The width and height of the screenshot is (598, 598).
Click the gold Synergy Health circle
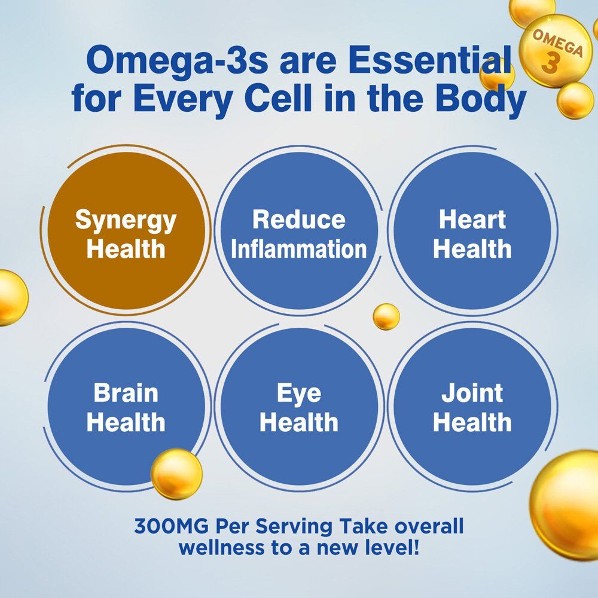(x=126, y=230)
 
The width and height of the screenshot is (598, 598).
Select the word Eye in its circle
(x=299, y=393)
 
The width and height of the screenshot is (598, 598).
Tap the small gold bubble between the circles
(x=386, y=316)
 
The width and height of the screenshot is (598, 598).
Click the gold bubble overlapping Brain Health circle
(x=176, y=474)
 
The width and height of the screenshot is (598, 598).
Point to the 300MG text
(x=171, y=526)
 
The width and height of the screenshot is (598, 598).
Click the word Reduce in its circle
(x=299, y=219)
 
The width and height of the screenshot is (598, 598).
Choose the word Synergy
(x=126, y=221)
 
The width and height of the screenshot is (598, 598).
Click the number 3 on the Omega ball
(x=550, y=63)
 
